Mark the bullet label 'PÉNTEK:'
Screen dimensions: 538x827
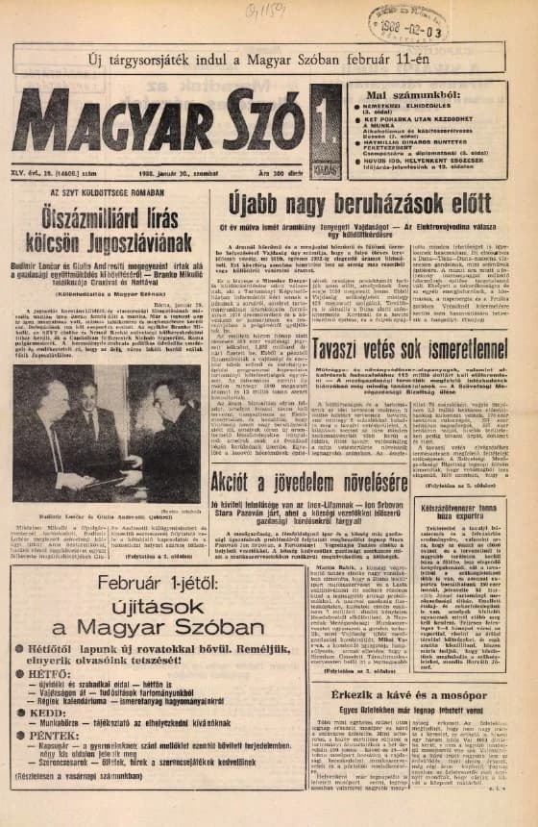(x=51, y=760)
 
